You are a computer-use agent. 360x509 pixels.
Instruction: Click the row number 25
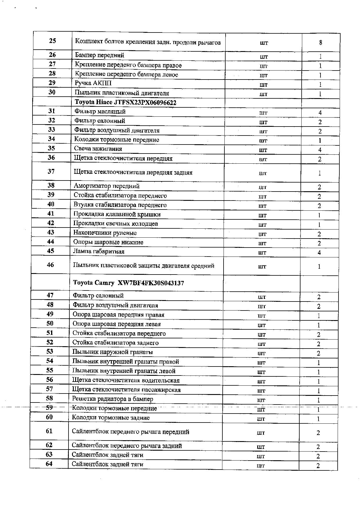coord(52,41)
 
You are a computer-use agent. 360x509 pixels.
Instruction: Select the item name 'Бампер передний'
coord(99,55)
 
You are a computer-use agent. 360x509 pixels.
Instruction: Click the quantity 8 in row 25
coord(321,43)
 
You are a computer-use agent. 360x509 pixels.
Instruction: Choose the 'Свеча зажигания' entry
coord(98,149)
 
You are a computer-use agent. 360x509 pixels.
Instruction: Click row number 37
coord(51,172)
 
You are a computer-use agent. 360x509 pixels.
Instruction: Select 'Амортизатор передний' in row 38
coord(106,186)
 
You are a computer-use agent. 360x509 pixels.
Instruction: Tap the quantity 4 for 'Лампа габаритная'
coord(319,252)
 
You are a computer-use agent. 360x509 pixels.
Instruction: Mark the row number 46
coord(50,265)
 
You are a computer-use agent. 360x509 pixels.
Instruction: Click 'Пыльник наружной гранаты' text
coord(112,352)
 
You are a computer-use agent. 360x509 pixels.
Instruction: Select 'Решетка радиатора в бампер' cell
coord(112,399)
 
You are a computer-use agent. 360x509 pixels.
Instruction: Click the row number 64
coord(49,464)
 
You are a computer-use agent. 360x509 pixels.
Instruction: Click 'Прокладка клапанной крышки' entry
coord(117,214)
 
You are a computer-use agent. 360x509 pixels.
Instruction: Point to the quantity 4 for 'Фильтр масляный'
coord(320,113)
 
